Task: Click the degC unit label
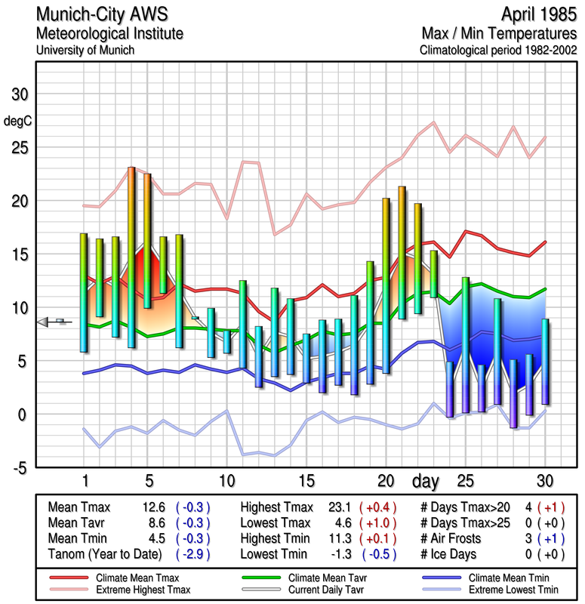tap(17, 121)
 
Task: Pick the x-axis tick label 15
tap(306, 481)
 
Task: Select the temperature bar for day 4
tap(131, 257)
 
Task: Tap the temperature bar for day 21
tap(402, 252)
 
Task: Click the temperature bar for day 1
tap(84, 292)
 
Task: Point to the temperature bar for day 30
tap(545, 361)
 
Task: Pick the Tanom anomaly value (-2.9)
tap(192, 554)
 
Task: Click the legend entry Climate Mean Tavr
tap(322, 577)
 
